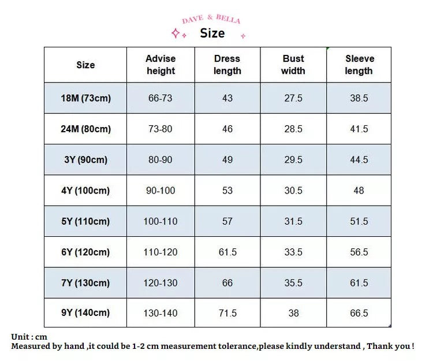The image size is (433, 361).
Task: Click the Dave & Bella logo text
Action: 211,20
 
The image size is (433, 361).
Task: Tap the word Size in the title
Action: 212,34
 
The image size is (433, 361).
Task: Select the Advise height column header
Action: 160,65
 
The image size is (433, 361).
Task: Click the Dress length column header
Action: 227,65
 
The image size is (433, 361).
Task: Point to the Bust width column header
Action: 293,65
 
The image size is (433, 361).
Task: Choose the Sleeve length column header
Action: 359,65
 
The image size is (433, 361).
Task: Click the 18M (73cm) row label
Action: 85,98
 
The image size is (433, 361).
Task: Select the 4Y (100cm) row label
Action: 85,191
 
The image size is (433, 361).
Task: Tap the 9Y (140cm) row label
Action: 85,313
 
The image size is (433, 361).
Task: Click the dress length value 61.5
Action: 227,252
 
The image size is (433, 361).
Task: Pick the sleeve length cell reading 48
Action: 359,191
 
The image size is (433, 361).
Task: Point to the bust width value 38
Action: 293,313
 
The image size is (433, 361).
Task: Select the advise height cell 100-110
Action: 160,221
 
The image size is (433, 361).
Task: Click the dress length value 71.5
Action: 227,313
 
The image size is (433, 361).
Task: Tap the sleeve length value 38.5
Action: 359,98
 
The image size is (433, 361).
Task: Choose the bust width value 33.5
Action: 293,252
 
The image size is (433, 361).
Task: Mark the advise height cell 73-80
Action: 160,129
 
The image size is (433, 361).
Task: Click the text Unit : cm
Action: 29,337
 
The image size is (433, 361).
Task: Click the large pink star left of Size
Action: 176,33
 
